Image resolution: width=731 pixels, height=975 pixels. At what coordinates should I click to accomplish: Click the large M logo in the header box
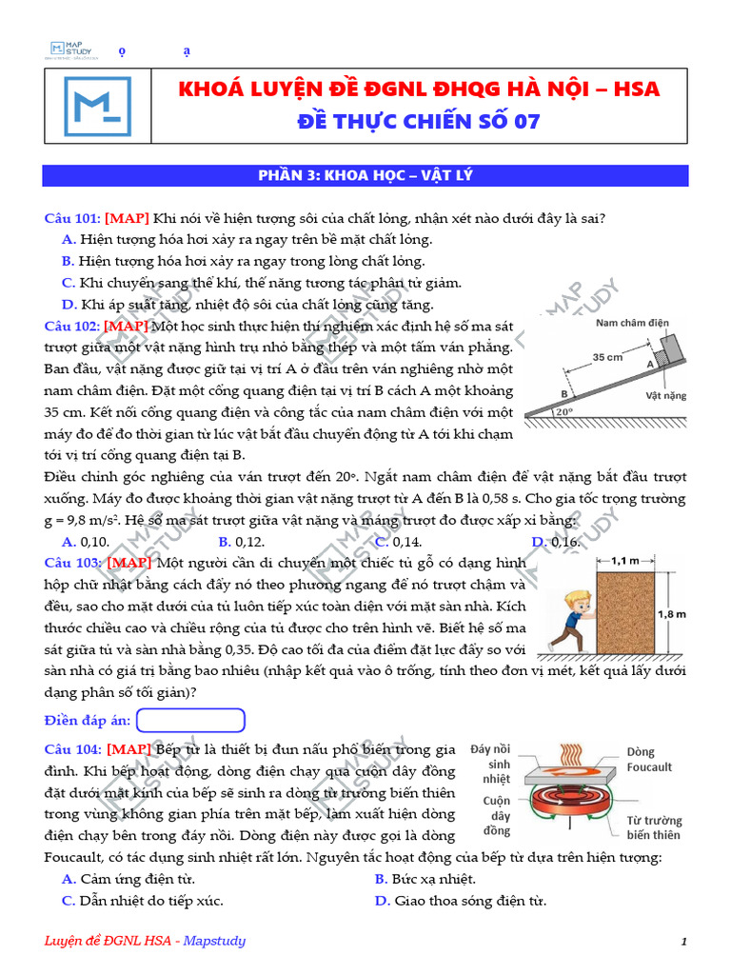(98, 105)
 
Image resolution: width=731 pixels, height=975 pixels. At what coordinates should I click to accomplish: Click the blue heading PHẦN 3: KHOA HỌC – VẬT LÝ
(365, 175)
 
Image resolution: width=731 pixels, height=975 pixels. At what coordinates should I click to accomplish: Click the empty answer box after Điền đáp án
(191, 720)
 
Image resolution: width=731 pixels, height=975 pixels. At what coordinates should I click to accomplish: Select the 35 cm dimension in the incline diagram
(607, 357)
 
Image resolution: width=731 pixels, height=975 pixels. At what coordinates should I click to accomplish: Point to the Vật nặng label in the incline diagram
(665, 393)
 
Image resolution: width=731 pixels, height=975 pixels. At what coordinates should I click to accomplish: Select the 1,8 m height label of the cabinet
(671, 614)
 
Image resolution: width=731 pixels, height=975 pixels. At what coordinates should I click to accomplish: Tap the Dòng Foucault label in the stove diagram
(649, 759)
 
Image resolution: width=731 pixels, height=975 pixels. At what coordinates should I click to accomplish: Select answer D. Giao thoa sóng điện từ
(460, 901)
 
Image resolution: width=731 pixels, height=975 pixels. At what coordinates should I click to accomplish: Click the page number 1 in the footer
(683, 942)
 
